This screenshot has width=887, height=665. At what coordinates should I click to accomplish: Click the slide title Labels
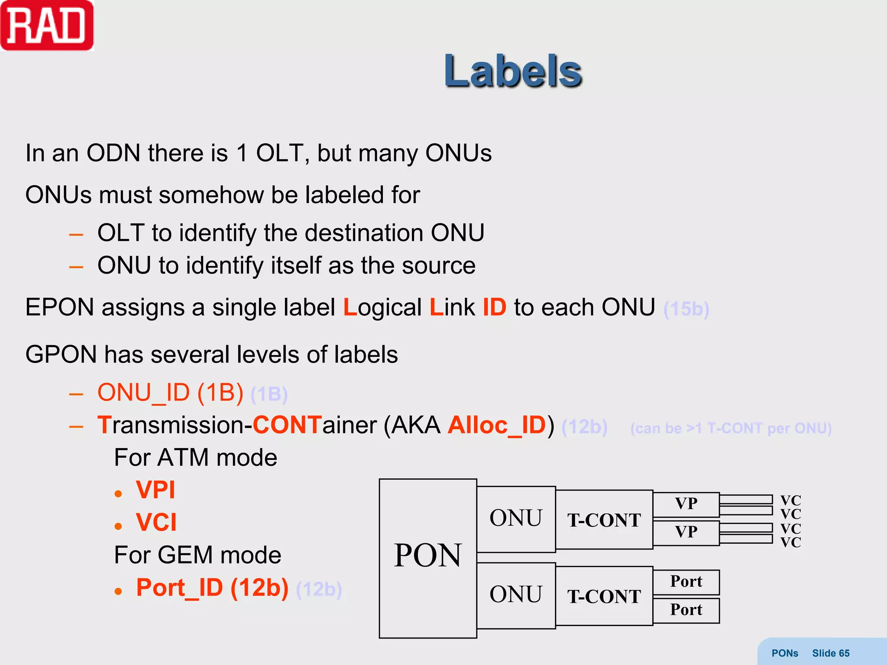pos(513,71)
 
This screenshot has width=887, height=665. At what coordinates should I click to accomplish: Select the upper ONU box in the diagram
pos(515,518)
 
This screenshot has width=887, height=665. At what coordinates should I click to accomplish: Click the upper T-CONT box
pos(604,520)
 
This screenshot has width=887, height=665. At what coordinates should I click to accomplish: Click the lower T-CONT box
pos(604,596)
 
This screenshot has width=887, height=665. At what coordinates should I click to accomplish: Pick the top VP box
pos(686,504)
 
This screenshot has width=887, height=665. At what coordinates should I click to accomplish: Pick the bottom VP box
pos(686,532)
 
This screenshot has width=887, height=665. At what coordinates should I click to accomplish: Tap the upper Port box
pos(686,581)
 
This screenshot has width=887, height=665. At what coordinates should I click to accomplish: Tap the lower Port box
pos(686,610)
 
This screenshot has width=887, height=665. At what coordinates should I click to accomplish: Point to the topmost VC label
pos(790,500)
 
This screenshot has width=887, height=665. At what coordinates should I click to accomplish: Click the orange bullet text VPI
pos(155,490)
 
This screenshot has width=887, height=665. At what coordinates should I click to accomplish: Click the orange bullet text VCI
pos(156,522)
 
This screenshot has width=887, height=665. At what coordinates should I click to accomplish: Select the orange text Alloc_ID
pos(497,425)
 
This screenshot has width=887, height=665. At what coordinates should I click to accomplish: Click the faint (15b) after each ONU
pos(686,309)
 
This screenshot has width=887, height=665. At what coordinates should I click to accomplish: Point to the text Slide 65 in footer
pos(830,653)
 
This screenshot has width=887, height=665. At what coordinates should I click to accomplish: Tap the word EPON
pos(60,307)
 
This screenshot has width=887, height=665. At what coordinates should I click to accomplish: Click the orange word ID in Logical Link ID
pos(494,307)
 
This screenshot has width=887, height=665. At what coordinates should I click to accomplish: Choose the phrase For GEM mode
pos(197,555)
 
